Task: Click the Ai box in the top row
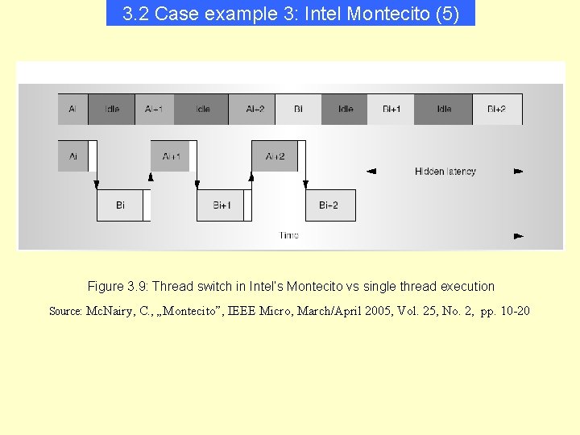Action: (x=72, y=110)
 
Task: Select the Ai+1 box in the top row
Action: (x=154, y=110)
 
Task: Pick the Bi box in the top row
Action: (x=298, y=110)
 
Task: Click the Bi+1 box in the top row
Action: (x=391, y=110)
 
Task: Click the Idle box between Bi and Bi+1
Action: (x=345, y=110)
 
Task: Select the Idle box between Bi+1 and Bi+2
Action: (x=444, y=110)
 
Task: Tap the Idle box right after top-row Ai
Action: (x=112, y=110)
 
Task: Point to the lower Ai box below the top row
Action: (x=72, y=156)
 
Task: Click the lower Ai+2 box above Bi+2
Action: (x=275, y=156)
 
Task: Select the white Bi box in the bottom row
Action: (x=120, y=205)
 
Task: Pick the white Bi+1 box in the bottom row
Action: (x=222, y=205)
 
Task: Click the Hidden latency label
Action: (x=445, y=172)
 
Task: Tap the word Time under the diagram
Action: (x=288, y=235)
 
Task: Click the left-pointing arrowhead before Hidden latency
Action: (x=371, y=171)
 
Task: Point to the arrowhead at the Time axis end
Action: (x=518, y=236)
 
